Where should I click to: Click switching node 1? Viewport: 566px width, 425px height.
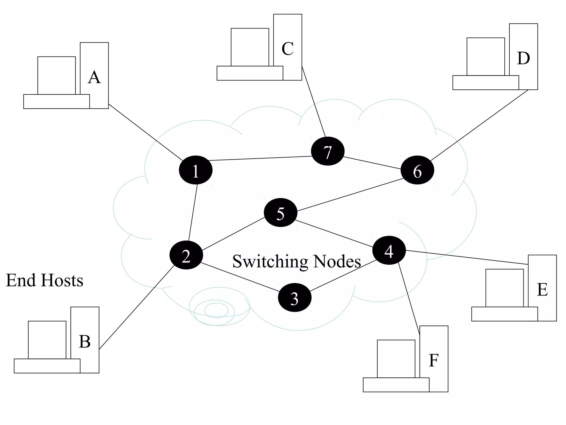pos(196,170)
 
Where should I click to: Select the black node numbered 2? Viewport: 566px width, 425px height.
pos(186,255)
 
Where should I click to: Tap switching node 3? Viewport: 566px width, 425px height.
pos(295,297)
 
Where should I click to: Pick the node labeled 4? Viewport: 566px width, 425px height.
pos(389,250)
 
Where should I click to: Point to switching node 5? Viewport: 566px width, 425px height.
pos(281,212)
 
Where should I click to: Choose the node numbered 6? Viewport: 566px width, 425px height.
pos(417,170)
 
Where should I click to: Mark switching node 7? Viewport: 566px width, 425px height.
pos(328,151)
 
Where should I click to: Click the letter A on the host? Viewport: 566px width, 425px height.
pos(94,77)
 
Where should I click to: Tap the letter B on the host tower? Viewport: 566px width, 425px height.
pos(85,341)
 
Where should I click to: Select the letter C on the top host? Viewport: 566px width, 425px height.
pos(287,49)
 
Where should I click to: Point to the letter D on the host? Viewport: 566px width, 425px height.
pos(523,58)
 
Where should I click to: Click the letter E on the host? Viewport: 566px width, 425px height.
pos(542,290)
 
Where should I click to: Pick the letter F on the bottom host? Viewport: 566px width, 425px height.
pos(434,360)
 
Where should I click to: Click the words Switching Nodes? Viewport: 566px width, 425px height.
pos(297,261)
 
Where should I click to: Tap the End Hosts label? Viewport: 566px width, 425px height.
pos(44,280)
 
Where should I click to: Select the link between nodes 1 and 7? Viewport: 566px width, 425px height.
pos(260,158)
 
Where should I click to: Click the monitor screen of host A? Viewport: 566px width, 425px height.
pos(57,75)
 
